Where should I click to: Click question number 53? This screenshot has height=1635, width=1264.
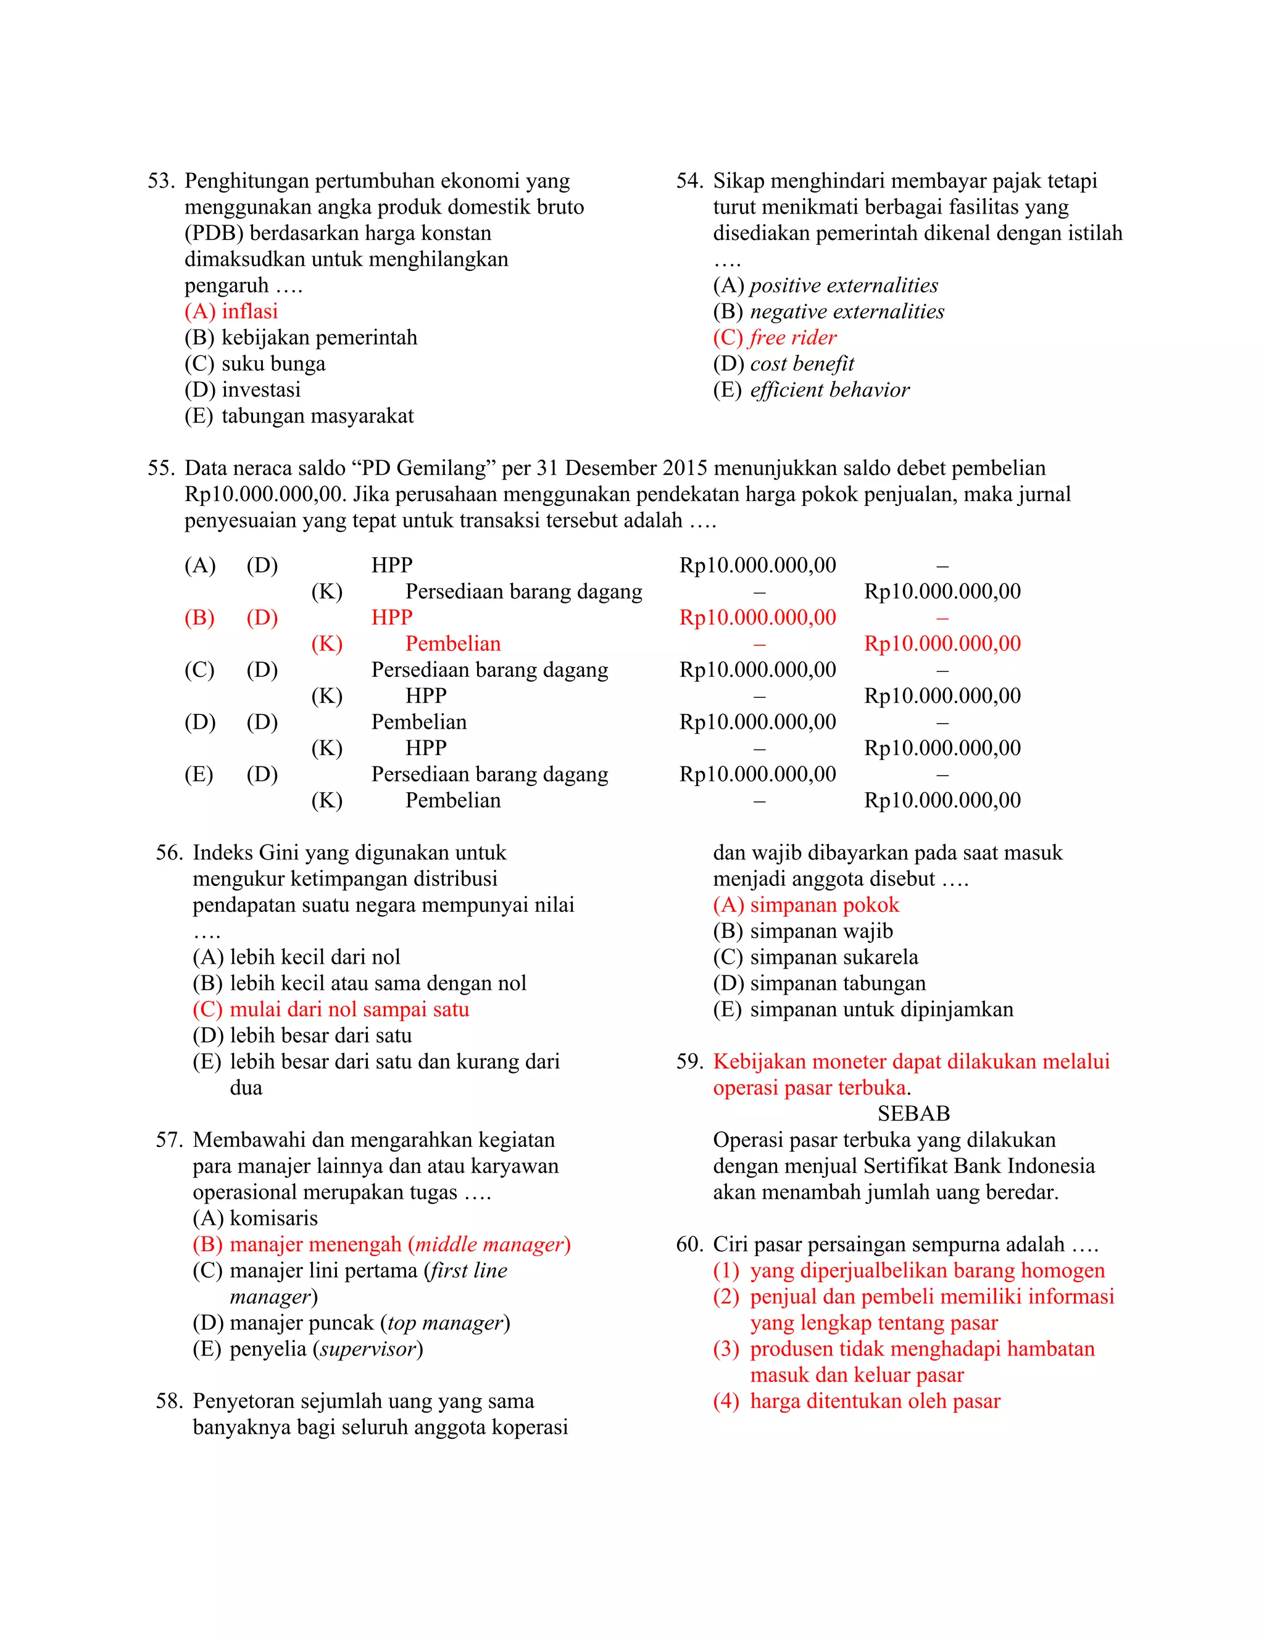point(160,181)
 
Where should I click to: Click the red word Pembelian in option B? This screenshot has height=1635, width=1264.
point(452,644)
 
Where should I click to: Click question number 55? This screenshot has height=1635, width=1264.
point(160,469)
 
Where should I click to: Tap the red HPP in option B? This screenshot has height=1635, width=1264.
point(392,618)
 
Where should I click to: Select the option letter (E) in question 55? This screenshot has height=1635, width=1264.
point(199,774)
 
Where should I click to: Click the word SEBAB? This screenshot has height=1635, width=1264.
point(913,1114)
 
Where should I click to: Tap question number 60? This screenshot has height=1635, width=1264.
point(689,1244)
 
